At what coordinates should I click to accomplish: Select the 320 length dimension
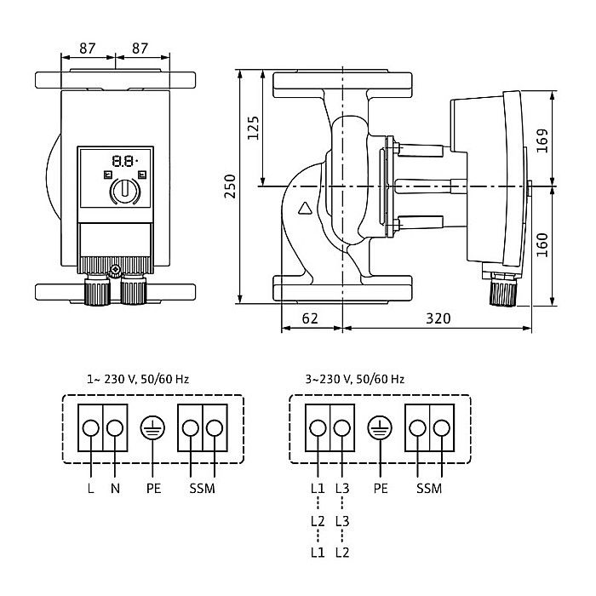pos(438,318)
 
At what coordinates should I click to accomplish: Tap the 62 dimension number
pos(310,318)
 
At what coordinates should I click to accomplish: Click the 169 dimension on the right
pos(543,140)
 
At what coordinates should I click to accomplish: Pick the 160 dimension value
pos(543,247)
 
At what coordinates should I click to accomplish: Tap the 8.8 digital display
pos(124,160)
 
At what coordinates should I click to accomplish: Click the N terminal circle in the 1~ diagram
pos(115,428)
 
